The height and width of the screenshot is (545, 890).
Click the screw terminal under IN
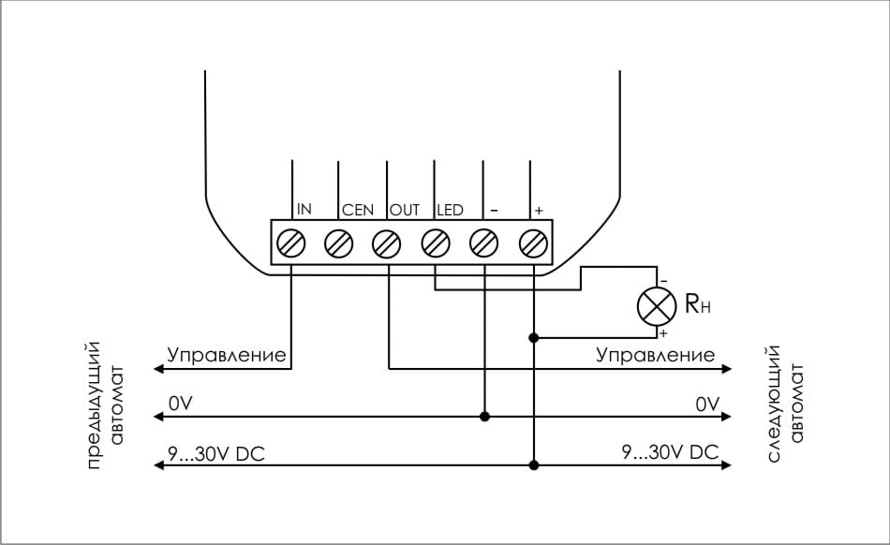[x=290, y=243]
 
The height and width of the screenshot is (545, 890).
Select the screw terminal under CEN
[x=338, y=243]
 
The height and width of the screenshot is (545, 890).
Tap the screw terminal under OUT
[x=387, y=243]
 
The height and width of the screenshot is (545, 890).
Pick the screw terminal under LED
[x=436, y=243]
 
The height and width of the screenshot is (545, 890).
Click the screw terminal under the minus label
[x=483, y=243]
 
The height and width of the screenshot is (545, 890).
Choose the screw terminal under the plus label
[x=533, y=243]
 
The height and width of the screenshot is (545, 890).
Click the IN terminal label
[x=304, y=209]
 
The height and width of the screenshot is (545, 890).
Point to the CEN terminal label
[x=358, y=210]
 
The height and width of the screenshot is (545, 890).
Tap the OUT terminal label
[x=404, y=210]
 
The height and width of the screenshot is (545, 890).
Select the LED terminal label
[x=450, y=210]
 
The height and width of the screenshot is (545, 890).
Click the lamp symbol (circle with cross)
[x=657, y=306]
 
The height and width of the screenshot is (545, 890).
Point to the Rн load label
[x=698, y=304]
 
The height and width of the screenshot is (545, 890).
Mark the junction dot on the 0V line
[x=484, y=417]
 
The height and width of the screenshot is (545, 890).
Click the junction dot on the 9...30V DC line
[x=534, y=465]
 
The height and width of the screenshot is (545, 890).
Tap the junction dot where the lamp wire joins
[x=534, y=338]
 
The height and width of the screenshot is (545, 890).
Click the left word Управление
[x=227, y=355]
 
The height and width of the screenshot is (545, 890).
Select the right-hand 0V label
[x=708, y=405]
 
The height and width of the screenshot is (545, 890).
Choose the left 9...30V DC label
[x=215, y=453]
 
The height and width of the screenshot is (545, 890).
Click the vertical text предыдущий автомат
[x=105, y=405]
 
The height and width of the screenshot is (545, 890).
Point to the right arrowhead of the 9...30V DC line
[x=727, y=465]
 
